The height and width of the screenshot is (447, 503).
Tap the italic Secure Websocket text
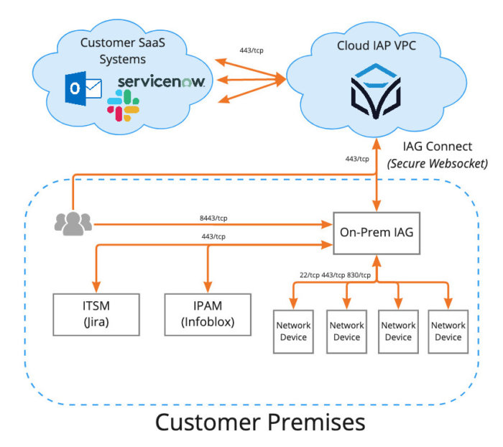tap(437, 164)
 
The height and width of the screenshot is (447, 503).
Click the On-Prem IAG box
tap(377, 232)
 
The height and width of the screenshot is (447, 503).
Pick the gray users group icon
tap(73, 223)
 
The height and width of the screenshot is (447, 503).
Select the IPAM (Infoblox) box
tap(208, 314)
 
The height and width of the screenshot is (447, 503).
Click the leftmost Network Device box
tap(293, 331)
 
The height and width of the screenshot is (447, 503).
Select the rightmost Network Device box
tap(448, 331)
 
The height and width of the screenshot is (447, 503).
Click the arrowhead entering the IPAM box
tap(208, 287)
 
